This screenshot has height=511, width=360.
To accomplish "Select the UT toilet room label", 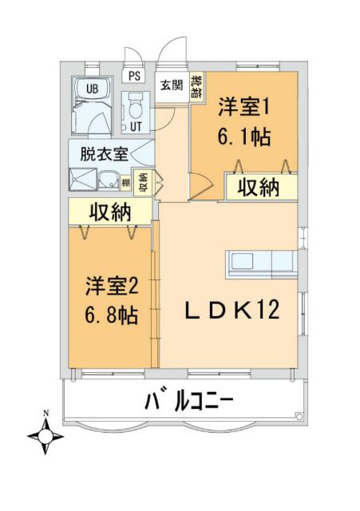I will coord(136,126).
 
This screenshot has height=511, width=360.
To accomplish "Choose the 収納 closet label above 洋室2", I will coord(109,213).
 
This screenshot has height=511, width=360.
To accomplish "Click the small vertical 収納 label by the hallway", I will coord(144,183).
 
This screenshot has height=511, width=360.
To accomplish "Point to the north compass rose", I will coord(46,436).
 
